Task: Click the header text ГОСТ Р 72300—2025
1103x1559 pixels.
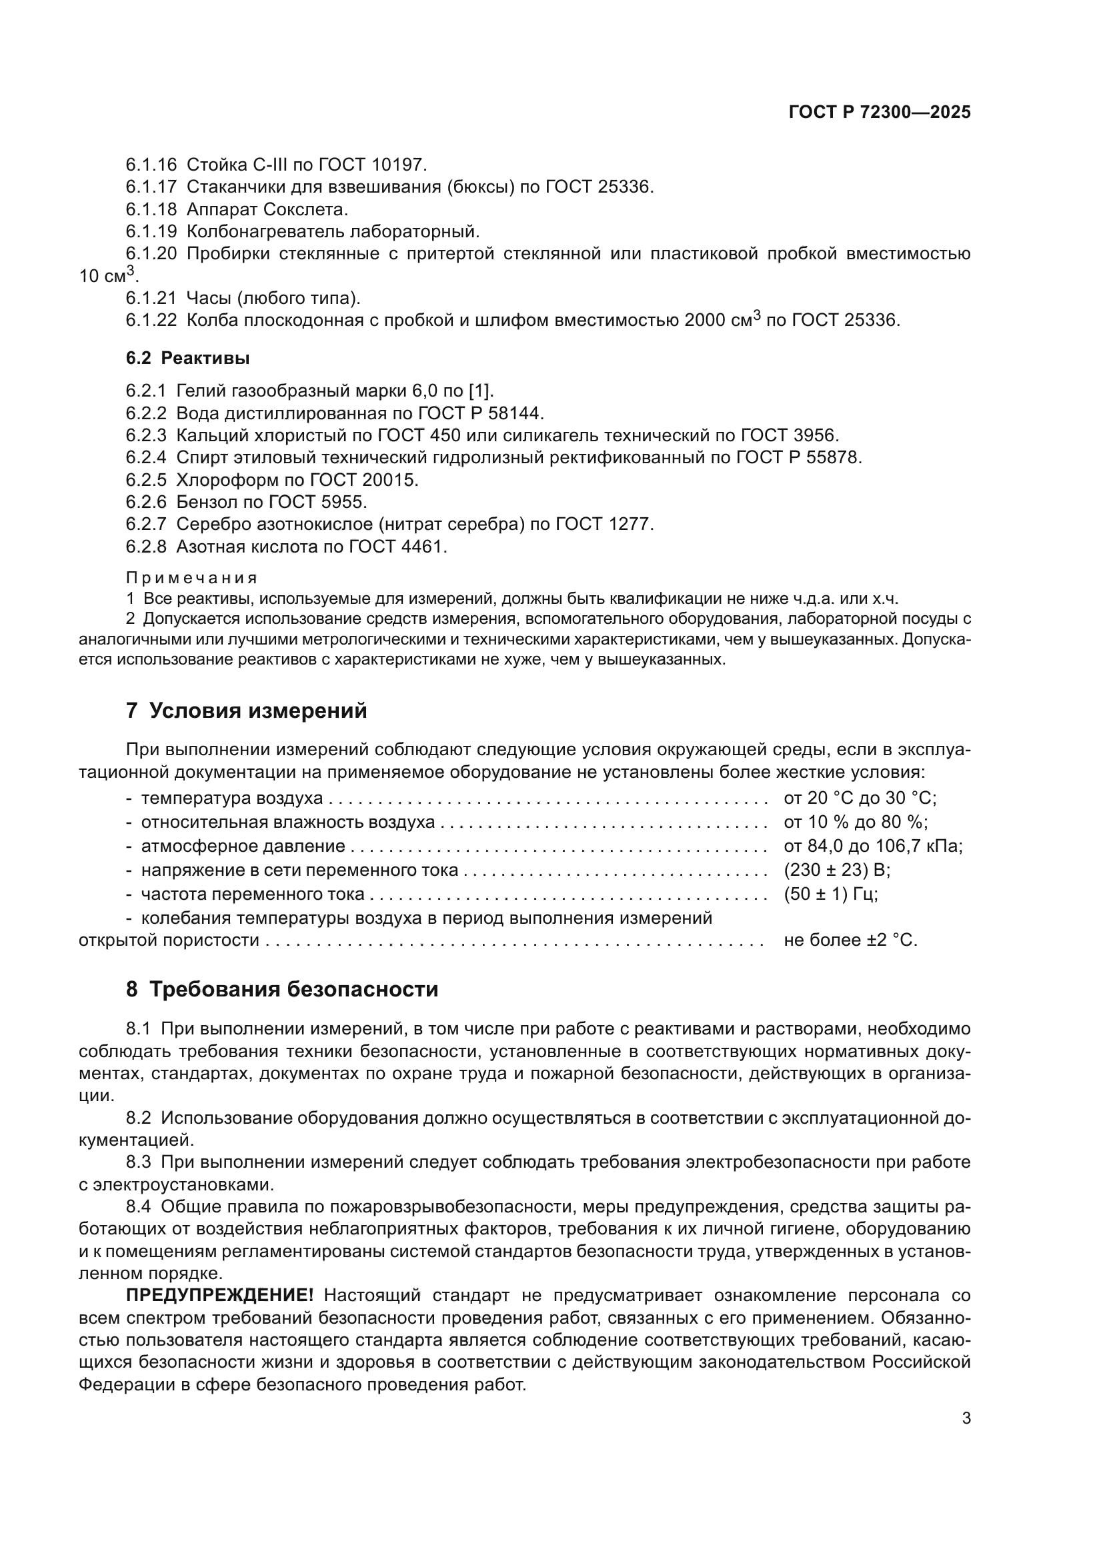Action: pos(880,113)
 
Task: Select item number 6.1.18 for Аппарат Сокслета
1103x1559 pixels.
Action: pos(151,209)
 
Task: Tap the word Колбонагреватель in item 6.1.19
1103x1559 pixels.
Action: pos(265,231)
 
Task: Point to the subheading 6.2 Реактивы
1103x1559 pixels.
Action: pos(187,358)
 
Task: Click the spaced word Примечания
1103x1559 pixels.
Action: pos(191,578)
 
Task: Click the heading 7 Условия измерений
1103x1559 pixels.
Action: pos(246,711)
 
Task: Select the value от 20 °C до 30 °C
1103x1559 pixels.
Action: pos(860,798)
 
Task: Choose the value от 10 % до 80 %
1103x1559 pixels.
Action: pos(855,822)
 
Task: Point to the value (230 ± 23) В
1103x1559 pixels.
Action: pos(837,870)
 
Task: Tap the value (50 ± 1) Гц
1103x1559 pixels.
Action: pos(831,894)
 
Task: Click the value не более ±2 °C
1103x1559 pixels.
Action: pos(850,940)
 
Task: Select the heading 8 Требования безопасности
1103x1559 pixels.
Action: pos(282,989)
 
